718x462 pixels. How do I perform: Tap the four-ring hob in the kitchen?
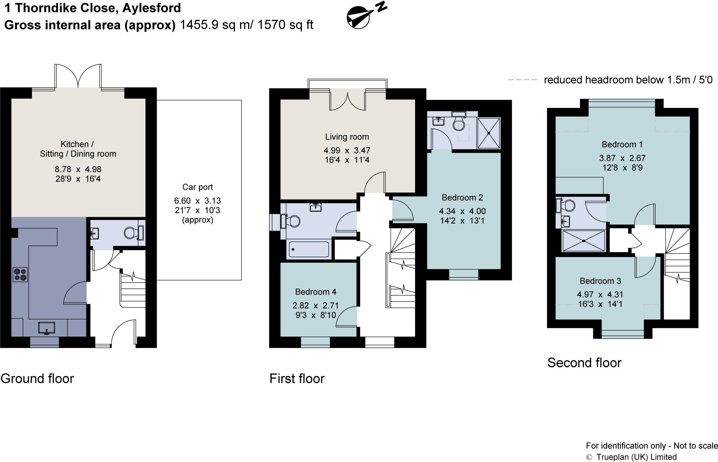(x=20, y=274)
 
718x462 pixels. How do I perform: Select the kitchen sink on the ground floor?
(x=47, y=328)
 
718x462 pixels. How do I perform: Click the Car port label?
(x=197, y=187)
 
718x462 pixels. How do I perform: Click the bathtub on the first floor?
(x=309, y=249)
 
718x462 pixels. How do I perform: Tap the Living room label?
(x=347, y=137)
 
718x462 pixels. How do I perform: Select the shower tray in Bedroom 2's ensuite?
(x=489, y=133)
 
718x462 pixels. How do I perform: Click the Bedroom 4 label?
(x=316, y=292)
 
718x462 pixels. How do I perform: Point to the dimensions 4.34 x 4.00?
(x=462, y=211)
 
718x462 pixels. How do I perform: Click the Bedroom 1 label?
(x=622, y=144)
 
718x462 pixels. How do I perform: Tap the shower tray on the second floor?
(x=584, y=241)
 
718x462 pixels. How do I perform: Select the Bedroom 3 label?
(x=600, y=281)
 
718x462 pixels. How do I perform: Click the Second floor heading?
(x=584, y=363)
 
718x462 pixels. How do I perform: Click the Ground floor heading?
(x=37, y=379)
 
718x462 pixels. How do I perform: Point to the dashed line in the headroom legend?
(x=522, y=80)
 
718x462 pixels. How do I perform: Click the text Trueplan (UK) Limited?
(x=636, y=457)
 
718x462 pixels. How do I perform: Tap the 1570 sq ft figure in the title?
(x=285, y=25)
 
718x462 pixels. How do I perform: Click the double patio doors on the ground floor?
(x=78, y=76)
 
